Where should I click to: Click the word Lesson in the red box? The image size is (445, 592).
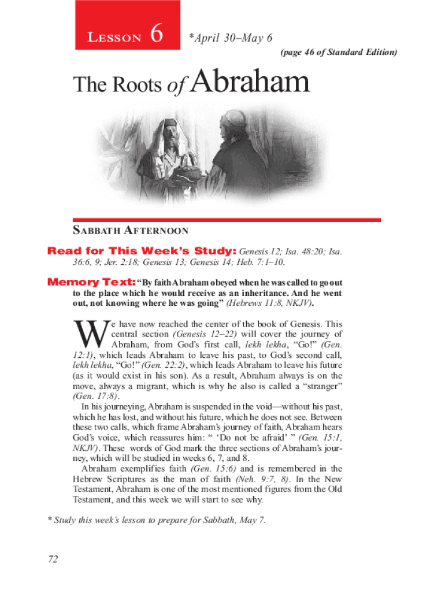114,38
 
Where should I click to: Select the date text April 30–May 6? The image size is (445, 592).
231,38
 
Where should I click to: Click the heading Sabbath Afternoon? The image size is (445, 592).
131,231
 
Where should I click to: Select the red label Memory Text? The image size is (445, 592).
91,283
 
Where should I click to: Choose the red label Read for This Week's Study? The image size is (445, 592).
142,252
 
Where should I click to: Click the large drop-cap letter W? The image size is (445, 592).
88,334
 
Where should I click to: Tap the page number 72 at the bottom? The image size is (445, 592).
54,558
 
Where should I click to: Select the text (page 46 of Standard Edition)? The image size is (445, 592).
339,53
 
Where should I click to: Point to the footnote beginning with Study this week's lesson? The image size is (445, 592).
157,520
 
